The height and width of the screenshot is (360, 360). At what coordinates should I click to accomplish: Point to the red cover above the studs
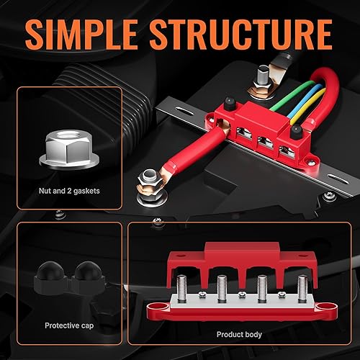pos(238,259)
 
